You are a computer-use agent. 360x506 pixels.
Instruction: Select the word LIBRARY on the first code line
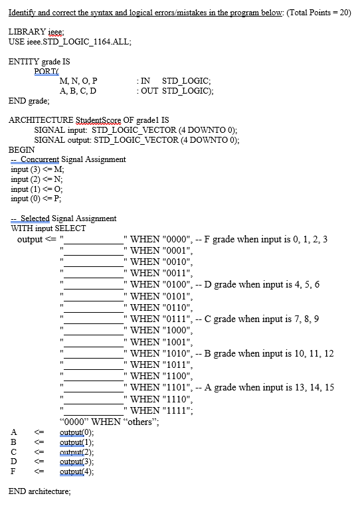coord(26,32)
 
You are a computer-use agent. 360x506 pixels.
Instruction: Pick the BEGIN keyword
coord(21,149)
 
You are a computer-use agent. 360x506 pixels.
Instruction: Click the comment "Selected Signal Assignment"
coord(68,218)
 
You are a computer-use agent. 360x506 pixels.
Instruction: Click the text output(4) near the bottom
coord(76,472)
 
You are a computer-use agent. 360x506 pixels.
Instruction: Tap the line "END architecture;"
coord(39,492)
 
